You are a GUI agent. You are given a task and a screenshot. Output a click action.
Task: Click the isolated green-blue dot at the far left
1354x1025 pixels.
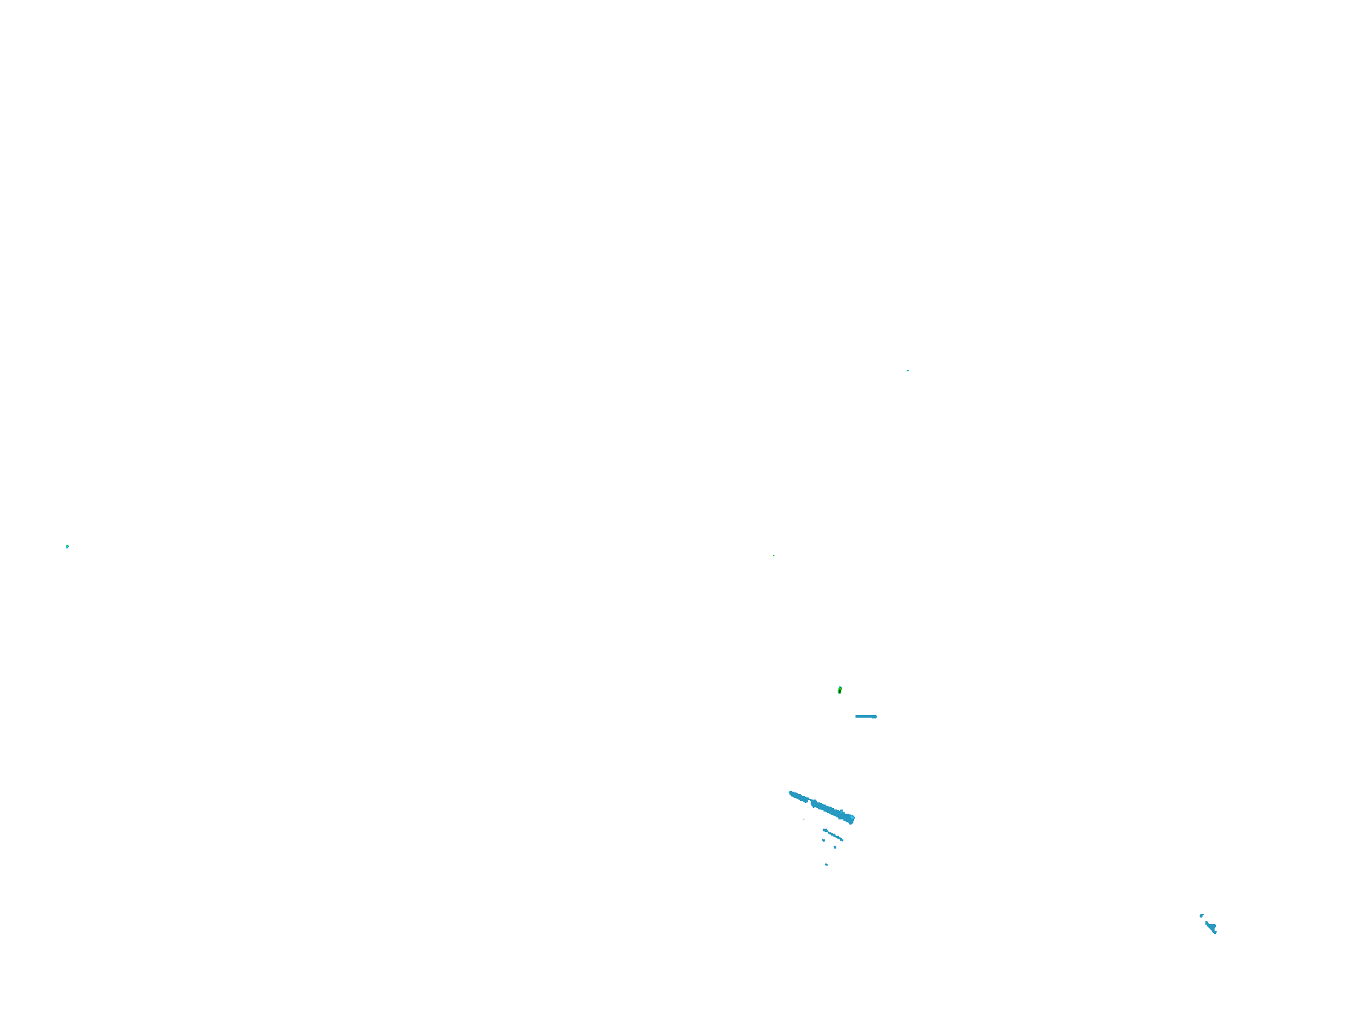pos(68,546)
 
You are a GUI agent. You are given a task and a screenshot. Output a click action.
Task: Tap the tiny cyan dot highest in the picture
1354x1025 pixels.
pos(907,371)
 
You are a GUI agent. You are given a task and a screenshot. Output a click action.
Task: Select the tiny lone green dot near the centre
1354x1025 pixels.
pos(774,556)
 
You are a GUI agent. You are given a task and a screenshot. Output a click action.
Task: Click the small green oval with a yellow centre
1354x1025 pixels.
pos(840,690)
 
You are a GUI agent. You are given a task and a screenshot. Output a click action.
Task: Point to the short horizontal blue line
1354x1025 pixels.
pos(865,716)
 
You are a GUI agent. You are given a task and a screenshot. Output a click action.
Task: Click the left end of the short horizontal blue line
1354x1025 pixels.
pos(856,716)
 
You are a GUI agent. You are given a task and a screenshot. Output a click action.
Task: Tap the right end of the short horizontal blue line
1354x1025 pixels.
pos(876,716)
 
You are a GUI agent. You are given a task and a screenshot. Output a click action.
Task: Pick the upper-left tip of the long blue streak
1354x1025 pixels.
pos(790,792)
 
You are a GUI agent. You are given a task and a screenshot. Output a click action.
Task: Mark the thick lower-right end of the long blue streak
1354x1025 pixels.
pos(851,819)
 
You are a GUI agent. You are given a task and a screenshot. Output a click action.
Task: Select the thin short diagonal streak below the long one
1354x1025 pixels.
pos(833,835)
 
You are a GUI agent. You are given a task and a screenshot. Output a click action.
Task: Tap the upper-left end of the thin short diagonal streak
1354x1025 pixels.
pos(824,830)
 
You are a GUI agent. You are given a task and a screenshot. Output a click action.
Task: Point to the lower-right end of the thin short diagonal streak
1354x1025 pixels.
pos(843,840)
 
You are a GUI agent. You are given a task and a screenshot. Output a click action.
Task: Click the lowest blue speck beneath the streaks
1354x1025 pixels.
pos(826,864)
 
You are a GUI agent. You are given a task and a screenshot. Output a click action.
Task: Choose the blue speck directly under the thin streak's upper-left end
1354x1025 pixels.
pos(823,840)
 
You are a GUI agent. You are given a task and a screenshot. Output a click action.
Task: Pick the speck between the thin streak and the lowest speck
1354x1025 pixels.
pos(835,847)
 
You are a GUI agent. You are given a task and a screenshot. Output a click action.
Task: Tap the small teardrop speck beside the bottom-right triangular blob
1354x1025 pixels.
pos(1201,915)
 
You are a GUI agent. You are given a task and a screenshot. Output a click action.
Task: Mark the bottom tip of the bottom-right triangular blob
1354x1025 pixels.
pos(1215,933)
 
